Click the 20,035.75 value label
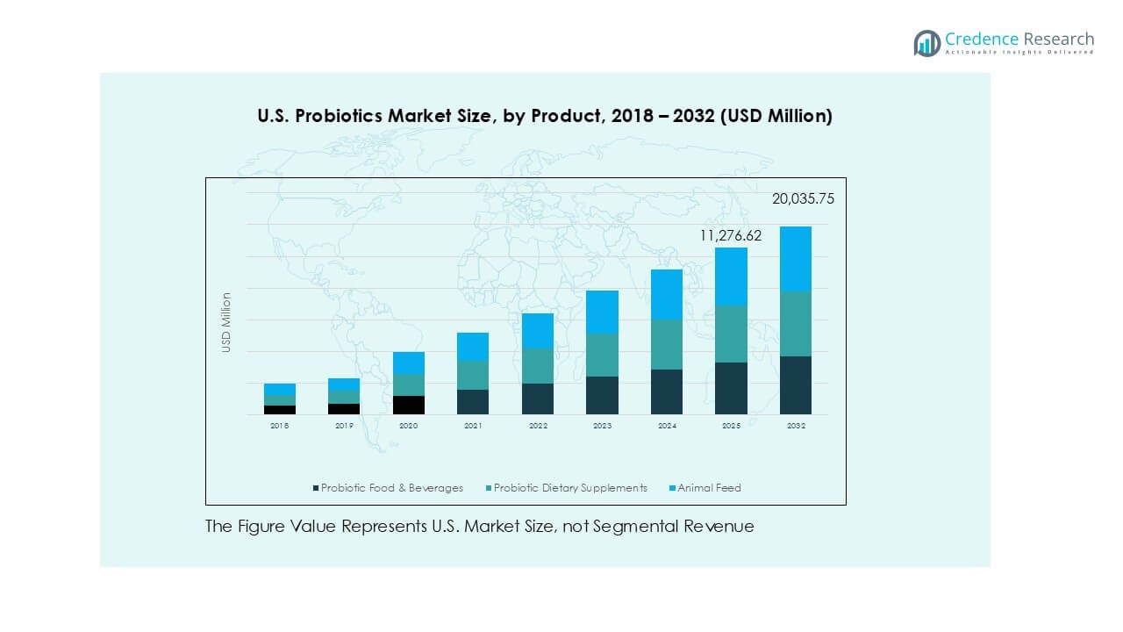point(803,199)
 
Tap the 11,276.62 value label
point(731,235)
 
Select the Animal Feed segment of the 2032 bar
point(796,259)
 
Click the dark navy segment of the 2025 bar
point(731,388)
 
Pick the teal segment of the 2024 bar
point(667,344)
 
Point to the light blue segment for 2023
point(602,312)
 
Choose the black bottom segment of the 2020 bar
point(408,405)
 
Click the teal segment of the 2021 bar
point(473,375)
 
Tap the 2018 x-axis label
point(279,426)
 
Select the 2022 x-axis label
point(538,426)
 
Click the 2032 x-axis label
point(796,426)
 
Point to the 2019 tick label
point(344,426)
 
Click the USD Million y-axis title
point(226,323)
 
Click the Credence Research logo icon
point(926,43)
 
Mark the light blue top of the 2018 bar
point(279,389)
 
